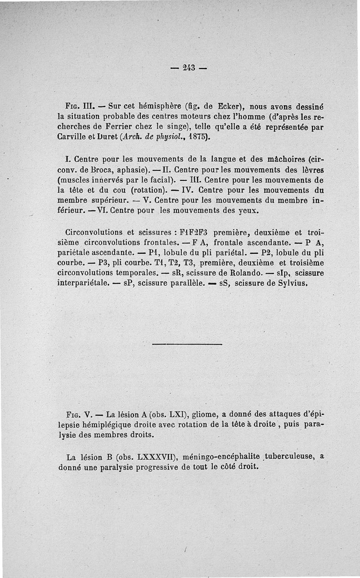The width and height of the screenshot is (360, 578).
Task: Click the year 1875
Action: [197, 138]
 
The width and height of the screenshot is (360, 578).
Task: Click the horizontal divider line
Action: [187, 345]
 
